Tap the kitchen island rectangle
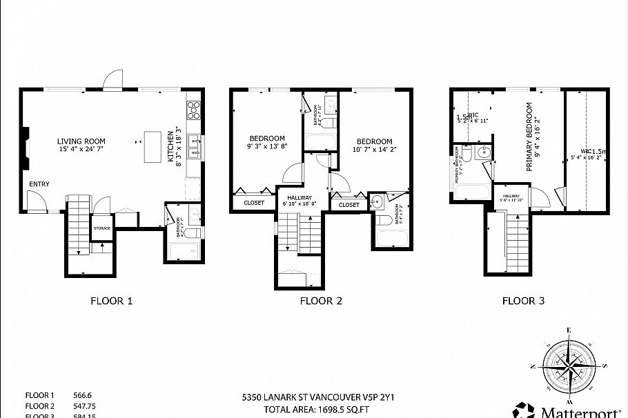(x=153, y=146)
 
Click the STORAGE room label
(x=102, y=228)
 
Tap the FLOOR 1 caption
(x=111, y=301)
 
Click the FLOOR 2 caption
(x=321, y=301)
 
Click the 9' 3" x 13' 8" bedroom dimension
(x=267, y=146)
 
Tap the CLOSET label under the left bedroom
(x=254, y=203)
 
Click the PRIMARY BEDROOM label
(x=530, y=137)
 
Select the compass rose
(x=570, y=363)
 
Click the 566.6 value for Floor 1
(x=83, y=395)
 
